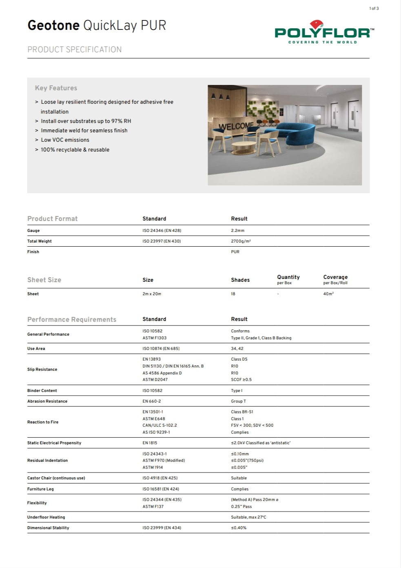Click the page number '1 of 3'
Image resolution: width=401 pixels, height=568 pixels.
click(374, 8)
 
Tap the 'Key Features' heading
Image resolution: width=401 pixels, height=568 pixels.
click(56, 88)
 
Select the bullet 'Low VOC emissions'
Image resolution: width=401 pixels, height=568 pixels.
click(65, 140)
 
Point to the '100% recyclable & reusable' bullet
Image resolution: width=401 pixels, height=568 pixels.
click(75, 149)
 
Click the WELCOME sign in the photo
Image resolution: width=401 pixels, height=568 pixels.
click(236, 126)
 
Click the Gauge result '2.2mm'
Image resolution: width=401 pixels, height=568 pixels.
click(237, 230)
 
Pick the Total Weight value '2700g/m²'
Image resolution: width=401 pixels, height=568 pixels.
click(241, 241)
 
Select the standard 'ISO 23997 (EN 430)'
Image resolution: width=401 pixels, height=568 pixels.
click(162, 241)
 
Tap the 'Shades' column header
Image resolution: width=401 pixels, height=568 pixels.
click(240, 280)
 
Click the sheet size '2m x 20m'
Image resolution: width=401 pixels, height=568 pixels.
click(152, 294)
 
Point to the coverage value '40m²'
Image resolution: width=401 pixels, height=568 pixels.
click(328, 294)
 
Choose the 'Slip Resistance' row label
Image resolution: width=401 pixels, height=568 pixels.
click(42, 369)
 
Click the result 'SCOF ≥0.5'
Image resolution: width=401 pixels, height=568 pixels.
click(241, 379)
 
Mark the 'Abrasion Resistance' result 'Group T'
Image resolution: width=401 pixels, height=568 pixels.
click(238, 401)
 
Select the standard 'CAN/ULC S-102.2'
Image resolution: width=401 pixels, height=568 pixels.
click(160, 425)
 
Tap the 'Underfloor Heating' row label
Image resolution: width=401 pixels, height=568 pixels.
click(46, 517)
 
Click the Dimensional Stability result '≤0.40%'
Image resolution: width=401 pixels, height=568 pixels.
click(239, 528)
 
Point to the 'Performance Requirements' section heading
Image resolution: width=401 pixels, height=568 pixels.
click(72, 319)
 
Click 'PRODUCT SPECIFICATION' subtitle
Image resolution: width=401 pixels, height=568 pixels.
click(74, 49)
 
